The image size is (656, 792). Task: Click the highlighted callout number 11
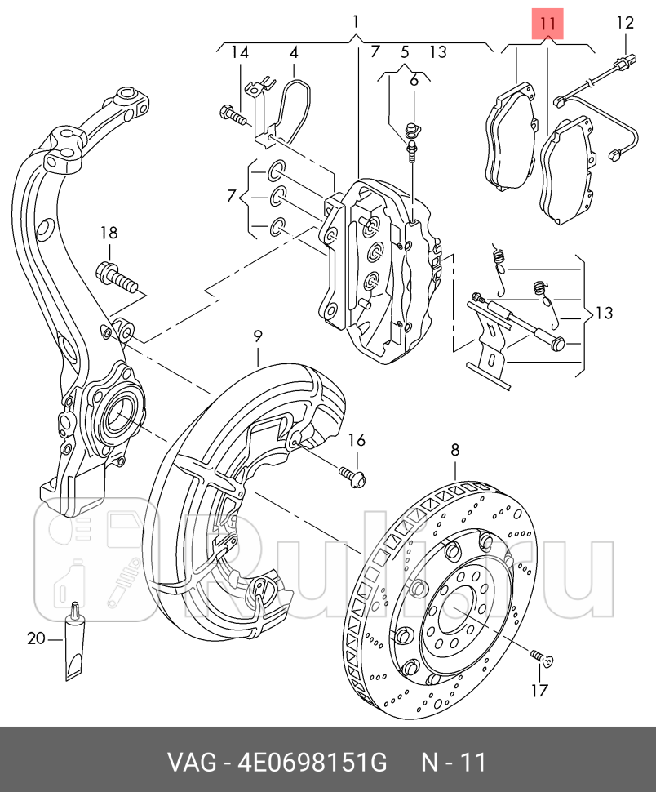pos(547,24)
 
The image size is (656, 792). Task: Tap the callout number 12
pos(625,23)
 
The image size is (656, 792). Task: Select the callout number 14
pos(239,53)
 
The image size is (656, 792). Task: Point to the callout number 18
pos(109,233)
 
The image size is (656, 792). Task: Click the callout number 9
pos(257,336)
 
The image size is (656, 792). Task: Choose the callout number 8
pos(454,449)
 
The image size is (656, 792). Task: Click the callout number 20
pos(37,638)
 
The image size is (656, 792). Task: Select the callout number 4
pos(294,53)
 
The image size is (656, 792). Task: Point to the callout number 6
pos(414,80)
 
